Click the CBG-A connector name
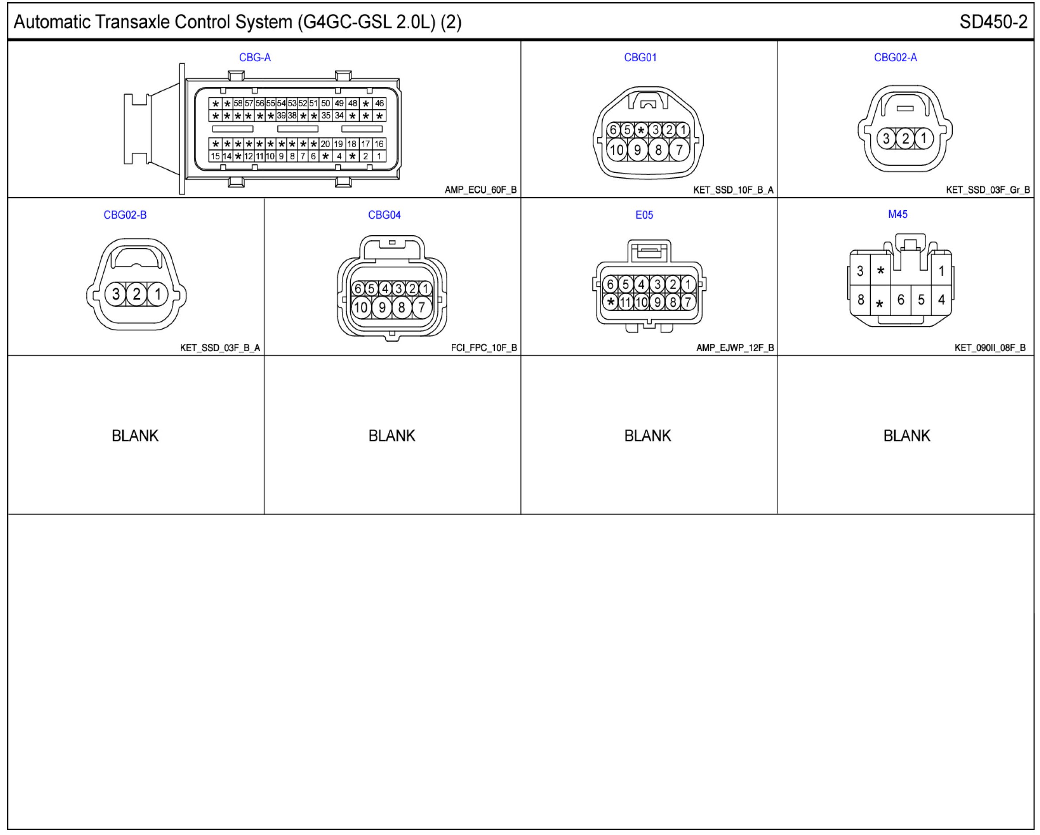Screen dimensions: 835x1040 (x=255, y=58)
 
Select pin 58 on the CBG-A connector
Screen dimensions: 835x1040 (x=238, y=103)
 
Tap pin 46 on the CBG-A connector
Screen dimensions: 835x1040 (x=379, y=103)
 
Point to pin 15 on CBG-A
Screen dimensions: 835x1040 (x=215, y=156)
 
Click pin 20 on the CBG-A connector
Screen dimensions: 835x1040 (x=325, y=144)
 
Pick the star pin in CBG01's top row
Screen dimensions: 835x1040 (x=640, y=130)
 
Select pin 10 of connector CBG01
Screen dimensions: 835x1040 (x=617, y=150)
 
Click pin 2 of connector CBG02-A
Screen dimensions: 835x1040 (x=905, y=139)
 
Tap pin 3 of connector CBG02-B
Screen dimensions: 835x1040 (x=116, y=294)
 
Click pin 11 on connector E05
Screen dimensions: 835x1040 (x=626, y=302)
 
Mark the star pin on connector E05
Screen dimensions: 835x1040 (x=611, y=302)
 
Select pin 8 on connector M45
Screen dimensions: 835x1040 (x=861, y=300)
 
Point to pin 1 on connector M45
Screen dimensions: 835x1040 (x=941, y=271)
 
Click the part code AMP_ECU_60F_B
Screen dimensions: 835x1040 (x=481, y=190)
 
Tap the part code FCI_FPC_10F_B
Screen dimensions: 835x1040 (x=484, y=347)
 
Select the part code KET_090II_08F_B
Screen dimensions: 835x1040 (x=990, y=347)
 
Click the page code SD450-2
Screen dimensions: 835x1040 (x=993, y=22)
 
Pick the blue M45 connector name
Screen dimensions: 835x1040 (x=898, y=215)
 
